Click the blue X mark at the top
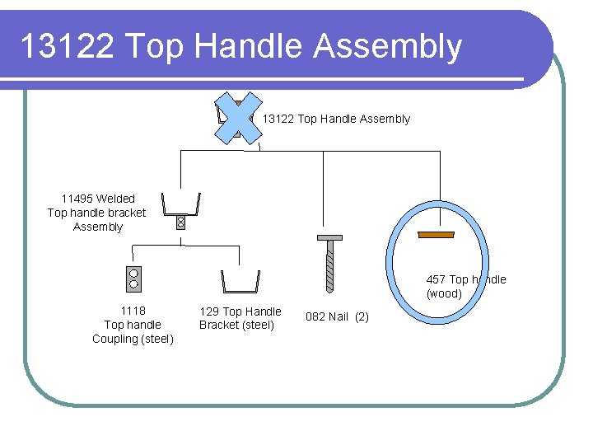click(x=237, y=118)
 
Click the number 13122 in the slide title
click(x=65, y=46)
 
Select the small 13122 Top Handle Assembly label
click(x=336, y=119)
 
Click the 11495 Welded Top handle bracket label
click(x=97, y=213)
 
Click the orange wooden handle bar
click(x=437, y=235)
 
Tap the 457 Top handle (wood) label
click(x=465, y=287)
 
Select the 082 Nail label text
click(x=327, y=316)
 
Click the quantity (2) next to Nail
click(x=362, y=316)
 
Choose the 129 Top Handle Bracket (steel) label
click(x=240, y=318)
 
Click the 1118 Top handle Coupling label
click(x=133, y=325)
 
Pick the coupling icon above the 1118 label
click(x=133, y=279)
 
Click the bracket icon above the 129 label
click(x=240, y=282)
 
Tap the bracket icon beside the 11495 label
click(x=181, y=203)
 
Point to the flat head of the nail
click(x=329, y=238)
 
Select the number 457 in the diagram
click(x=436, y=279)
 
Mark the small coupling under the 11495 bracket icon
click(x=181, y=222)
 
